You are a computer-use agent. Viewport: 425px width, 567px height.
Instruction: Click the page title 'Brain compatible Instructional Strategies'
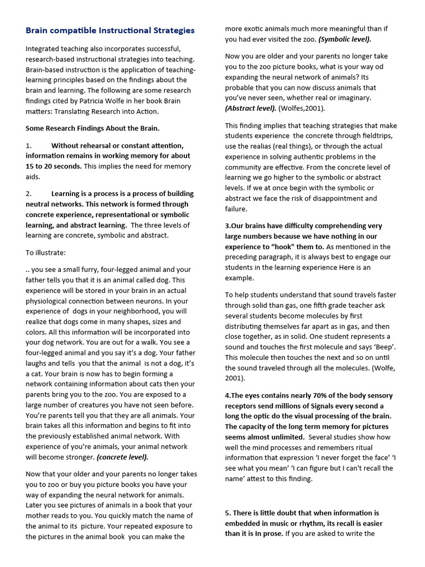coord(110,30)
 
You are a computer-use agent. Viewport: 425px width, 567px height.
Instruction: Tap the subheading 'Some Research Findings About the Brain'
coord(92,128)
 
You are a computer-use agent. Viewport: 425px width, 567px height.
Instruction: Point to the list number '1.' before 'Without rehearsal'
coord(29,146)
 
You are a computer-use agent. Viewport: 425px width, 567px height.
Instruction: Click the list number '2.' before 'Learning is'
coord(29,194)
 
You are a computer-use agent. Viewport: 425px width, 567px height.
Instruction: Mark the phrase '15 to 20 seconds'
coord(53,166)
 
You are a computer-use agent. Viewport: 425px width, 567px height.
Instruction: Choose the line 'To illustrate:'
coord(45,252)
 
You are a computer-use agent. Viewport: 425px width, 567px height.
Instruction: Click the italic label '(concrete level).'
coord(122,457)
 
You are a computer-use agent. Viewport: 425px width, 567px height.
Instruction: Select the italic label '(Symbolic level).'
coord(345,39)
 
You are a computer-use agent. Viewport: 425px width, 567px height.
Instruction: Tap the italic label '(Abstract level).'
coord(251,109)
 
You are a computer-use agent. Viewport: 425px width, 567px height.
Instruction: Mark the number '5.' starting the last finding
coord(228,513)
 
